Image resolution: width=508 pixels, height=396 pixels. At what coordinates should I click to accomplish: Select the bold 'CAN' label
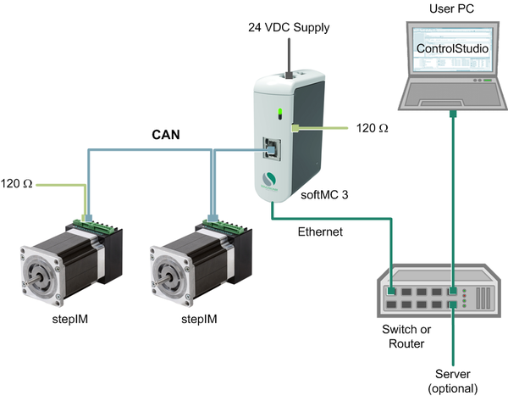165,133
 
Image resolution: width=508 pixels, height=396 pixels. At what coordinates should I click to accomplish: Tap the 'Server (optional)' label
456,379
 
